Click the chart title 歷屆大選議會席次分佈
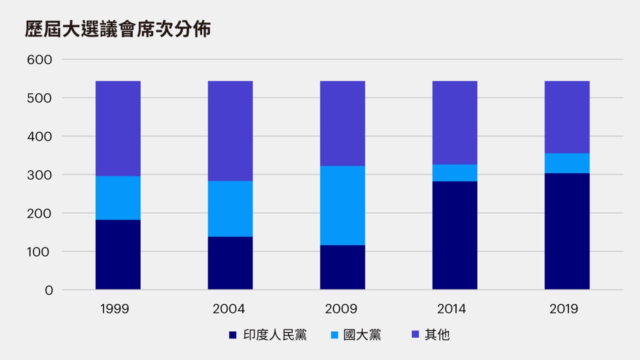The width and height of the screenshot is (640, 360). pyautogui.click(x=117, y=29)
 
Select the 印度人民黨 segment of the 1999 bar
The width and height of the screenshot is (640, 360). pyautogui.click(x=118, y=254)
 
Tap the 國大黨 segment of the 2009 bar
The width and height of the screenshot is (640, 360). pyautogui.click(x=342, y=205)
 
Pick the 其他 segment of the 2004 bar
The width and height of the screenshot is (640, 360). pyautogui.click(x=230, y=131)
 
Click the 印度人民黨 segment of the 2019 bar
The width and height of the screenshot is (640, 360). pyautogui.click(x=567, y=231)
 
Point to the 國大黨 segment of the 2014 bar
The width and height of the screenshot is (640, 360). pyautogui.click(x=454, y=172)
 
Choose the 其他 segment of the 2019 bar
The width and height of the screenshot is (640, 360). pyautogui.click(x=567, y=117)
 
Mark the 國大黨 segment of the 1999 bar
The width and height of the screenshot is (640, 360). pyautogui.click(x=118, y=197)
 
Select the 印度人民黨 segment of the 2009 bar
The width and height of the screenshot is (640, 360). pyautogui.click(x=342, y=267)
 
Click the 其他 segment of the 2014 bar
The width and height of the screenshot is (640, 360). pyautogui.click(x=454, y=122)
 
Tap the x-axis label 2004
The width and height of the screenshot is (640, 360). pyautogui.click(x=229, y=309)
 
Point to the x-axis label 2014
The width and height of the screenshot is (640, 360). pyautogui.click(x=451, y=309)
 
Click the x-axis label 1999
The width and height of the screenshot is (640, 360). pyautogui.click(x=114, y=309)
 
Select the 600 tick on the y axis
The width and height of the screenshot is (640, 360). pyautogui.click(x=39, y=59)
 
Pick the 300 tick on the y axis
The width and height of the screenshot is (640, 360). pyautogui.click(x=39, y=175)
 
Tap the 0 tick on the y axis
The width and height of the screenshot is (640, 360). pyautogui.click(x=48, y=290)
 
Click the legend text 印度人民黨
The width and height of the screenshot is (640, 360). pyautogui.click(x=275, y=335)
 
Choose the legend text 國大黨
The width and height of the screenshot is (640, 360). pyautogui.click(x=362, y=335)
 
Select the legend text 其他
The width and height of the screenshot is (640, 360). pyautogui.click(x=437, y=335)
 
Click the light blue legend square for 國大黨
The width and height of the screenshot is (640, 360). pyautogui.click(x=334, y=335)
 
